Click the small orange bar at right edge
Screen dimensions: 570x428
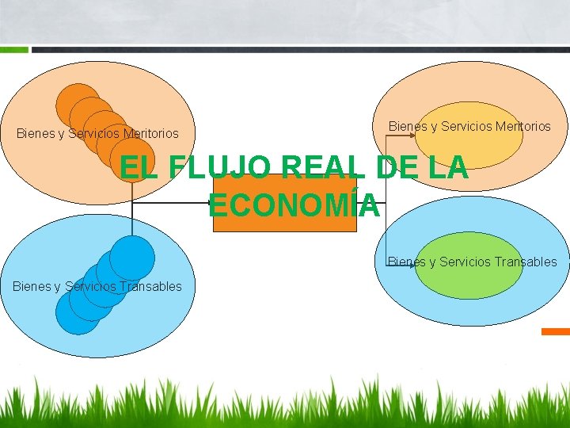(x=555, y=331)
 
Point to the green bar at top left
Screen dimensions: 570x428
(x=13, y=49)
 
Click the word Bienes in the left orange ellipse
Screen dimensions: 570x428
(x=36, y=134)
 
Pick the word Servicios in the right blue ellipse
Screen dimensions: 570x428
(x=465, y=262)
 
